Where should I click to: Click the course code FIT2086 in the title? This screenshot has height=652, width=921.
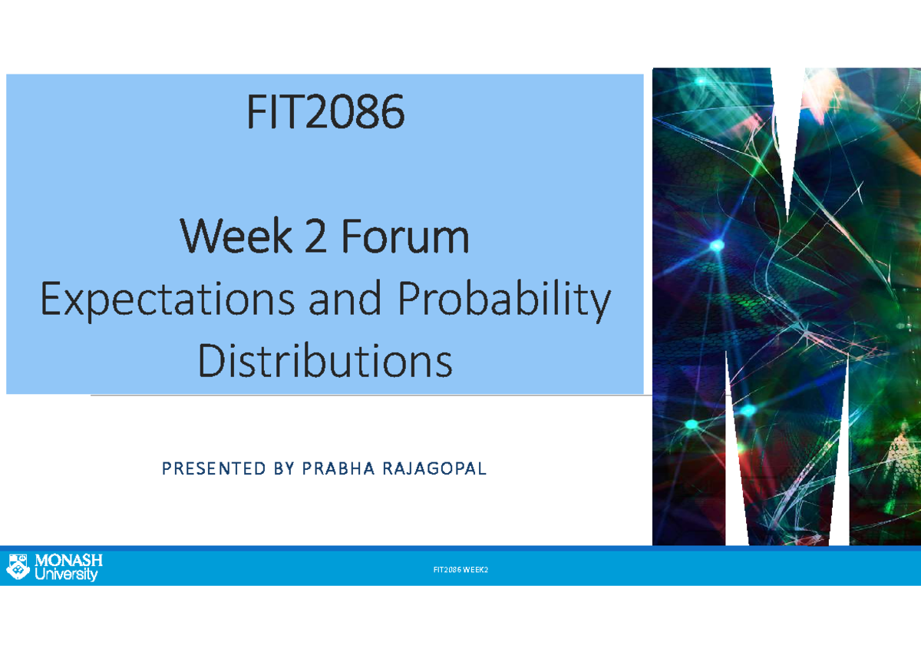(325, 114)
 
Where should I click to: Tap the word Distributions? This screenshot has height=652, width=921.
(325, 361)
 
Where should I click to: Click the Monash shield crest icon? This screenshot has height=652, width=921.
(18, 566)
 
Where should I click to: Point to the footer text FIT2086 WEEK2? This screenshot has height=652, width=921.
(460, 570)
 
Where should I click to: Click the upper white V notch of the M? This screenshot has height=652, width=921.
(788, 131)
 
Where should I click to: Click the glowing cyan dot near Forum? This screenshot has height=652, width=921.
(717, 246)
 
